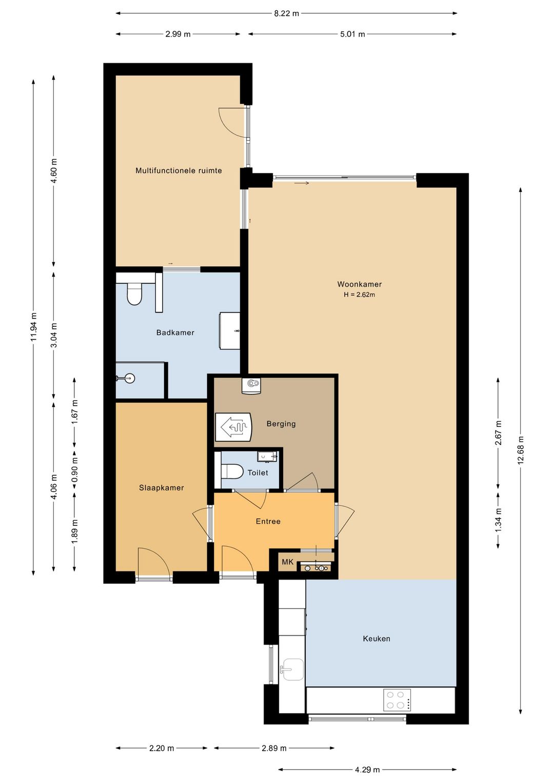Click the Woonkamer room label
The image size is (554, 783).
(x=359, y=284)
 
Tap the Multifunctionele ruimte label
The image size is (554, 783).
(x=179, y=170)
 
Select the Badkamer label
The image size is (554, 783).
(x=175, y=332)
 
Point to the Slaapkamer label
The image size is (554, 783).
(x=162, y=487)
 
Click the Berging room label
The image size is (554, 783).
(x=281, y=424)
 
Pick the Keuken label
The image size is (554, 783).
(x=377, y=639)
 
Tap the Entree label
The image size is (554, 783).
(x=268, y=521)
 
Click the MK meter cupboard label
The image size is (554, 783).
(x=288, y=562)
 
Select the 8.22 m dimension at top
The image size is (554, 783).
(x=286, y=14)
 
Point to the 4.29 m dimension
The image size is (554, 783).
(x=367, y=769)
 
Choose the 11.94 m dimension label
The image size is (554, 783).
(x=33, y=326)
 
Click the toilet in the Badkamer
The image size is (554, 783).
(x=134, y=293)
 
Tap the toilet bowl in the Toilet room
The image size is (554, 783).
(x=232, y=471)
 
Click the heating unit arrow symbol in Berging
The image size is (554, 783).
(x=233, y=427)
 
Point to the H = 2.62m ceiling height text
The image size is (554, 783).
(x=359, y=295)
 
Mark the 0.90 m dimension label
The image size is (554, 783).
(x=74, y=470)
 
